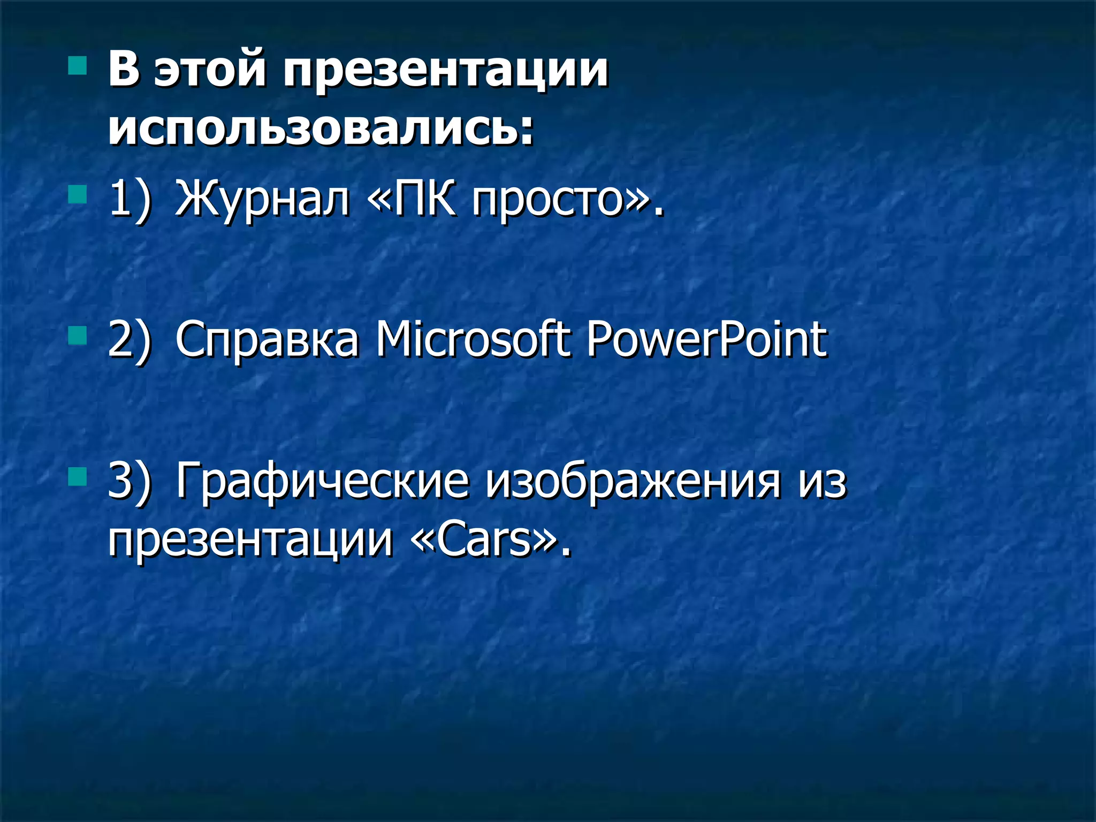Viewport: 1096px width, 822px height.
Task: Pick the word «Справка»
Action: click(x=267, y=340)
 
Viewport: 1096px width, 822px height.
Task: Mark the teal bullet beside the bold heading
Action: click(x=78, y=66)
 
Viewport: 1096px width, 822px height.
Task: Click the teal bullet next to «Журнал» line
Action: click(x=78, y=195)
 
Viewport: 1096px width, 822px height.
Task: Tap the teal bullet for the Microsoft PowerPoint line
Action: click(x=78, y=336)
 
